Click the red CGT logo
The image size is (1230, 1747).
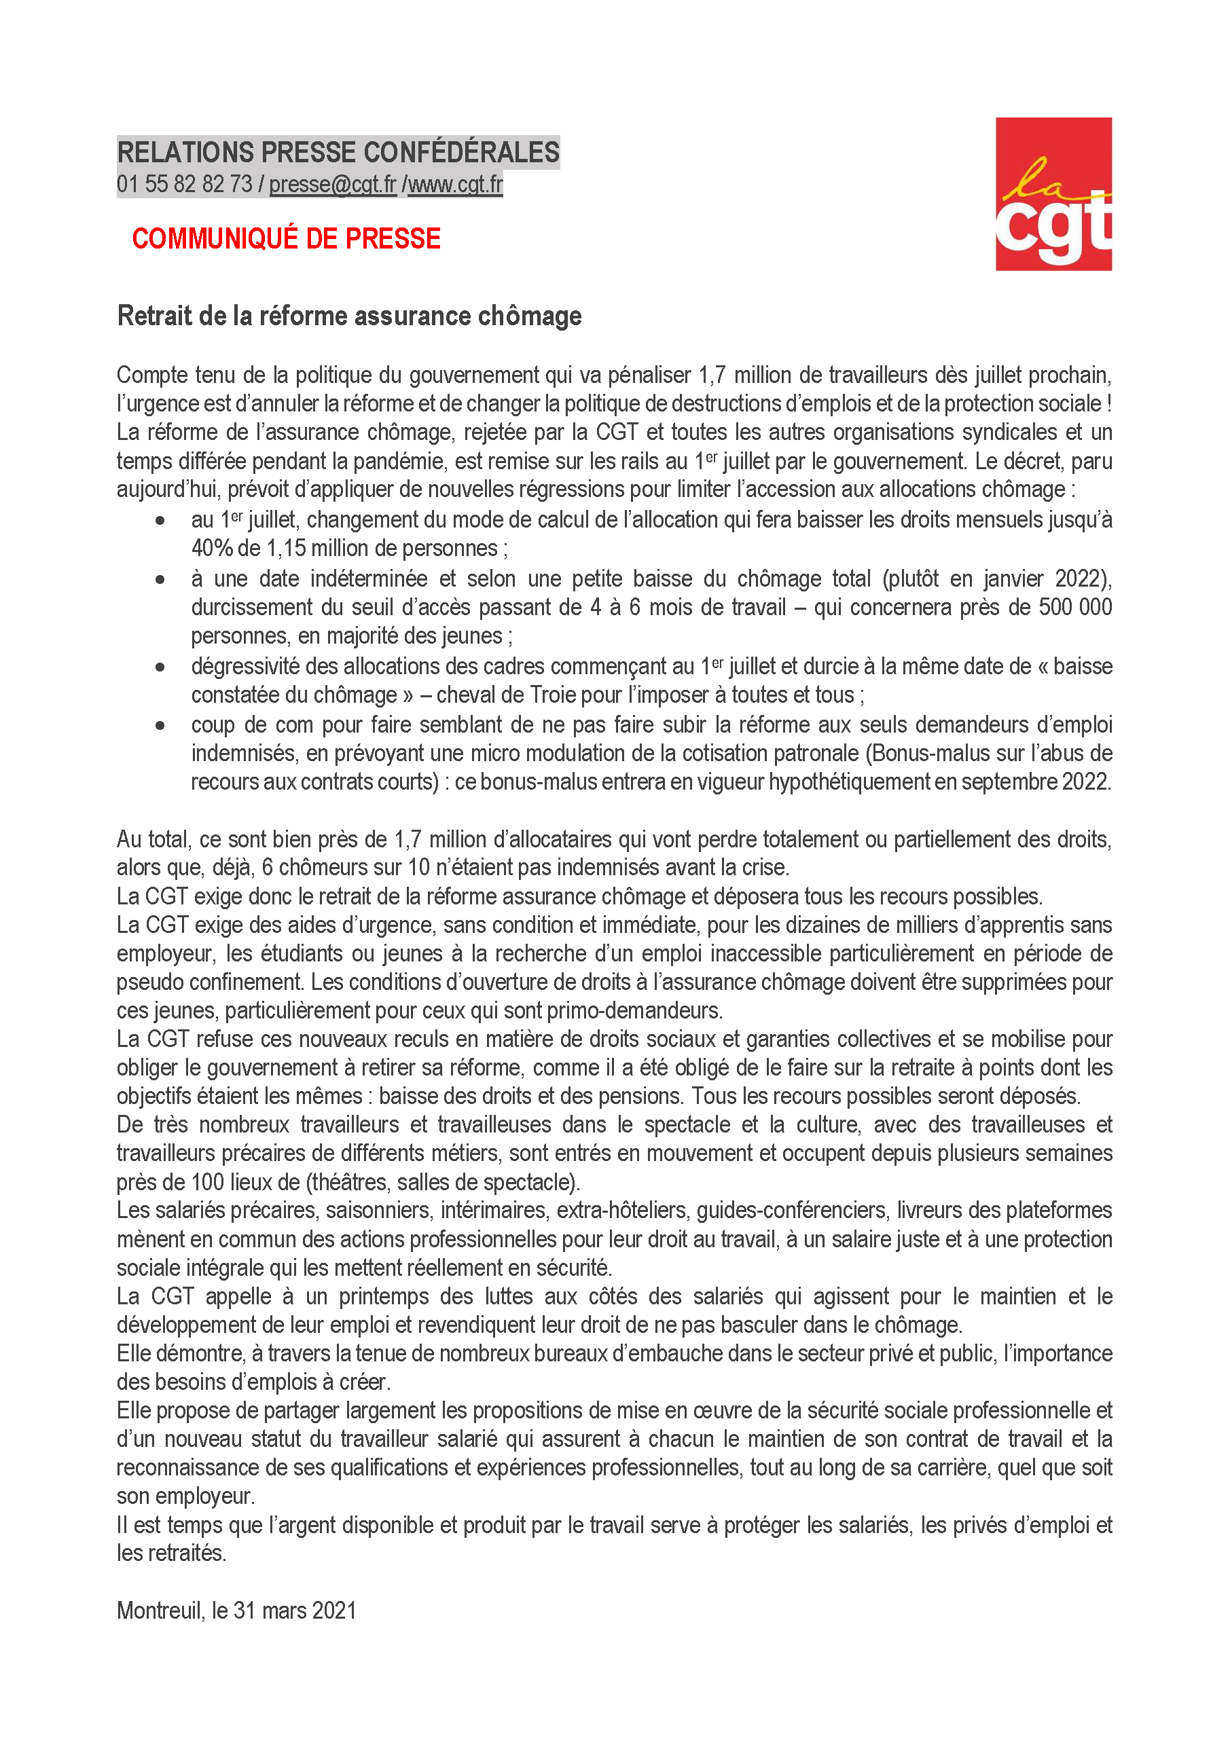click(1053, 194)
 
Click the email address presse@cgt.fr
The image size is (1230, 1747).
click(333, 184)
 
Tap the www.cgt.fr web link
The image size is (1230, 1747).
click(455, 184)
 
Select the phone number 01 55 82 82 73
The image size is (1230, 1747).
click(184, 184)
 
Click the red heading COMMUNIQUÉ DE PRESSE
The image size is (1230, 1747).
click(286, 239)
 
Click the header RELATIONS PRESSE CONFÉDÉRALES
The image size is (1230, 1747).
click(338, 152)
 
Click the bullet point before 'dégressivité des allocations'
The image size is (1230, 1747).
click(160, 667)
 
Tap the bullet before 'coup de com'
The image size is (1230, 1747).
click(160, 725)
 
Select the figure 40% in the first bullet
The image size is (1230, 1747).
click(212, 548)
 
